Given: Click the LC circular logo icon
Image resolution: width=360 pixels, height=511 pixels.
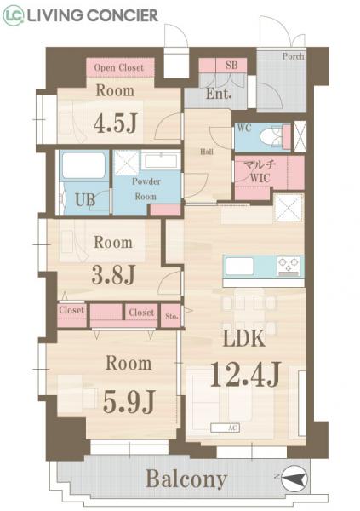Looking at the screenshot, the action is click(x=14, y=15).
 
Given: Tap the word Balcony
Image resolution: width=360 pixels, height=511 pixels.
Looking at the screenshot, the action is click(x=186, y=479).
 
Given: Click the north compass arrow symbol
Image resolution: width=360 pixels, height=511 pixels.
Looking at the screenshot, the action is click(x=294, y=479).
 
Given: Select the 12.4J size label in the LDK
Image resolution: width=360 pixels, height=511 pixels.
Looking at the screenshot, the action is click(x=245, y=375).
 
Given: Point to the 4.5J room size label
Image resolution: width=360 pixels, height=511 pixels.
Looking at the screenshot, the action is click(x=116, y=123).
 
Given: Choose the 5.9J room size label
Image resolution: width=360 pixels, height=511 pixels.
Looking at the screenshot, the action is click(x=129, y=401).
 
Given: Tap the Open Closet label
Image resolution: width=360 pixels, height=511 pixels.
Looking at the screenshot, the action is click(x=118, y=67).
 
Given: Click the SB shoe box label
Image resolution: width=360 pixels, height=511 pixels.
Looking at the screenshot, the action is click(x=231, y=65).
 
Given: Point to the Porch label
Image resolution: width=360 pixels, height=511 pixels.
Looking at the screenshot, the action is click(x=294, y=56).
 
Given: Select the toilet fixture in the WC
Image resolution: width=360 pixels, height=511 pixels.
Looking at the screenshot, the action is click(x=271, y=137).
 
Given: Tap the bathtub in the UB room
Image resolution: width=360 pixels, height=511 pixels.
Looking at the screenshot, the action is click(x=83, y=165).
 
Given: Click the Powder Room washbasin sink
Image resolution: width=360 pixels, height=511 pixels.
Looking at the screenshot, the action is click(x=161, y=161).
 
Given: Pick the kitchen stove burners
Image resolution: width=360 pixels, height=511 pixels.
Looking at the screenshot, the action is click(x=289, y=265).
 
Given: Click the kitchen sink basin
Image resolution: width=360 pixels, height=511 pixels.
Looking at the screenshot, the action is click(x=239, y=266).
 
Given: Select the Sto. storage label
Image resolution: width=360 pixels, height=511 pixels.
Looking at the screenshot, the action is click(x=171, y=315).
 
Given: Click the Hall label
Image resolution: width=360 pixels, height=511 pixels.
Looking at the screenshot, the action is click(x=207, y=152).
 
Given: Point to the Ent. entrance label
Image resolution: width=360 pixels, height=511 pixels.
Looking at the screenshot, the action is click(x=219, y=94).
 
